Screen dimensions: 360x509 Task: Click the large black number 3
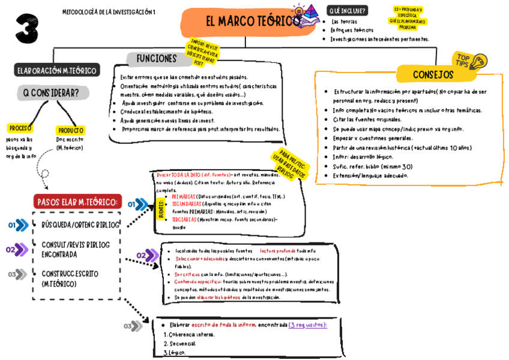tap(26, 28)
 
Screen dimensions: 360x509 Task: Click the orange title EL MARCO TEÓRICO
tap(252, 22)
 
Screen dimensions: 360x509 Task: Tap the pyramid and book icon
tap(306, 15)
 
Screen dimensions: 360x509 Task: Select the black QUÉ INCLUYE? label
tap(348, 10)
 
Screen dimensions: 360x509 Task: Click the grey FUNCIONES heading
tap(157, 59)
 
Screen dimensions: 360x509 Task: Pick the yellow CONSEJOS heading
tap(433, 74)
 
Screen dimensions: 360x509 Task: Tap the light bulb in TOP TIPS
tap(479, 61)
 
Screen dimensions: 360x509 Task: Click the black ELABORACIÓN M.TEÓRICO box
tap(56, 70)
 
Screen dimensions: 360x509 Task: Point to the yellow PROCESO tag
tap(20, 128)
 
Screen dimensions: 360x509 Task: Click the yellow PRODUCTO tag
tap(70, 130)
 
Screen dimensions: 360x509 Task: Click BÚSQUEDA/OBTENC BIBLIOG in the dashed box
tap(80, 224)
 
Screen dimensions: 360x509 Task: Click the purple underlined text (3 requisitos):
tap(307, 325)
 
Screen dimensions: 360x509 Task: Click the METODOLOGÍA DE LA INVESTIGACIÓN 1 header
tap(109, 12)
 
